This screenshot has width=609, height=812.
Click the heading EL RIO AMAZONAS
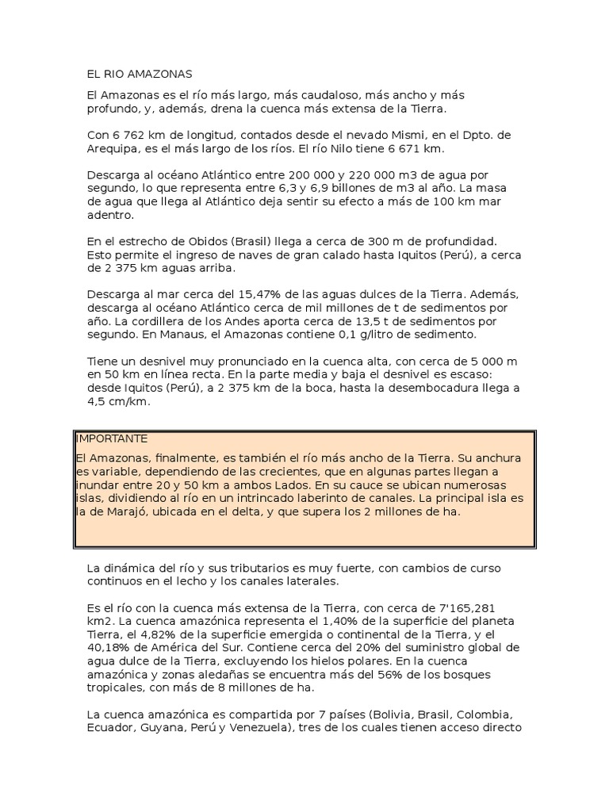pos(140,75)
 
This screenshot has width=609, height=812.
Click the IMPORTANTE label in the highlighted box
pos(112,439)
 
